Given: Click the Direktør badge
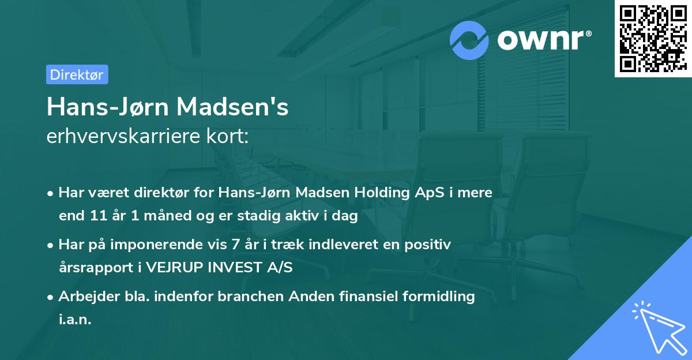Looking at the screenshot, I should click(77, 74).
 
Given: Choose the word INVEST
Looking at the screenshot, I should click(236, 268).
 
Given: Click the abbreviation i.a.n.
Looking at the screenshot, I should click(75, 320).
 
